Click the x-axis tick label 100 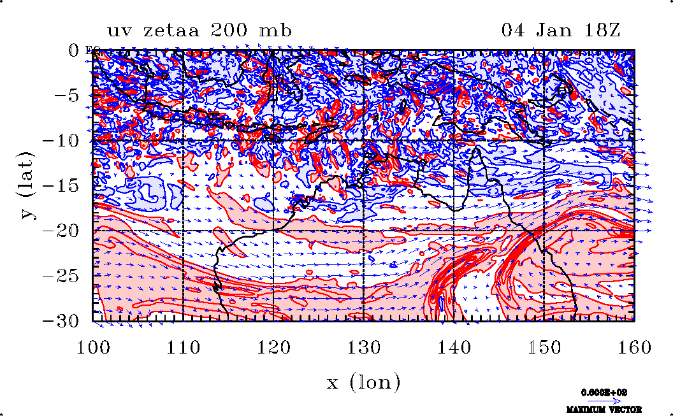[93, 348]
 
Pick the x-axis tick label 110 [183, 348]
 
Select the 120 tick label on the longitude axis [273, 348]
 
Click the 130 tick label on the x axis [363, 348]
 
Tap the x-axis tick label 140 [453, 348]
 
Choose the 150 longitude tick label [544, 348]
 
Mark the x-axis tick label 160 [633, 348]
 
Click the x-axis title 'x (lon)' [363, 382]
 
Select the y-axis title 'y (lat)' [27, 185]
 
